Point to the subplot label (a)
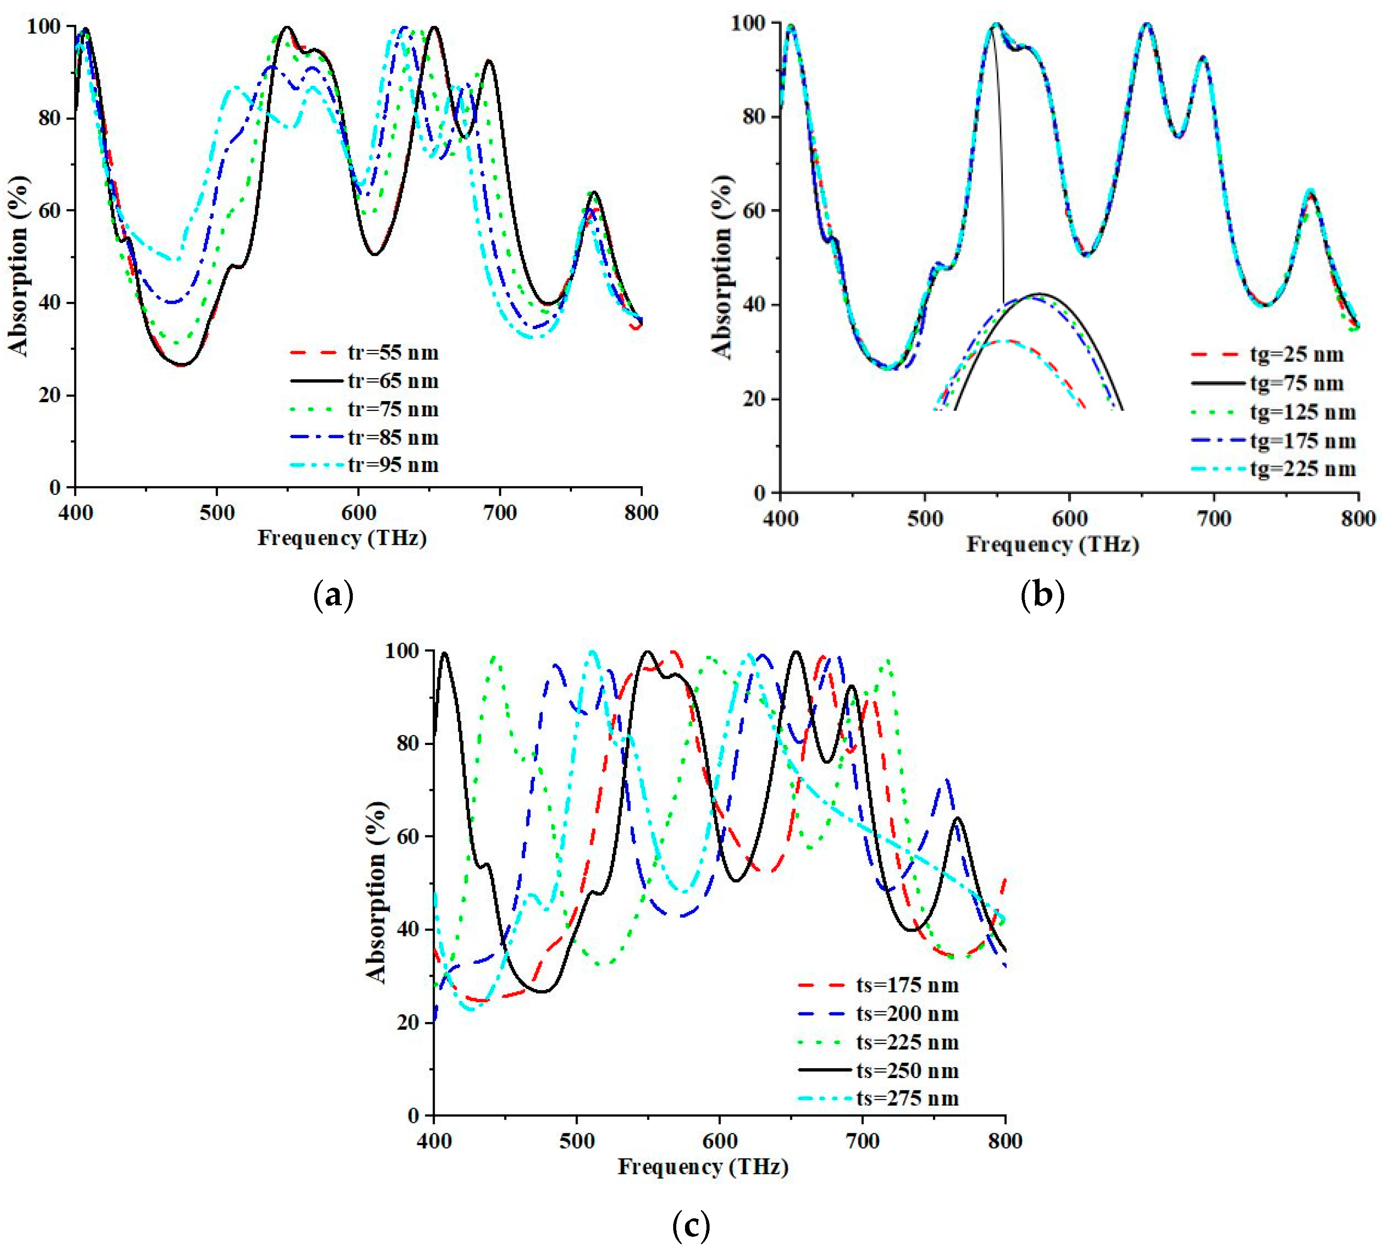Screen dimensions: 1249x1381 tap(333, 596)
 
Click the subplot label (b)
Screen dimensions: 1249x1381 tap(1042, 596)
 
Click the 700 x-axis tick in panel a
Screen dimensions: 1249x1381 tap(499, 513)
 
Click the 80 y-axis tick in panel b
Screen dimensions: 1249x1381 tap(753, 117)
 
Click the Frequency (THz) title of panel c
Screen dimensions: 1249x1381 tap(703, 1167)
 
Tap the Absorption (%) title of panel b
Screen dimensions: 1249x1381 tap(722, 267)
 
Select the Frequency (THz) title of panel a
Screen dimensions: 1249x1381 tap(342, 538)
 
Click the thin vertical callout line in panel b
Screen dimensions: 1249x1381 tap(999, 171)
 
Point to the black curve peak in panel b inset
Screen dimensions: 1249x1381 tap(1040, 294)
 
